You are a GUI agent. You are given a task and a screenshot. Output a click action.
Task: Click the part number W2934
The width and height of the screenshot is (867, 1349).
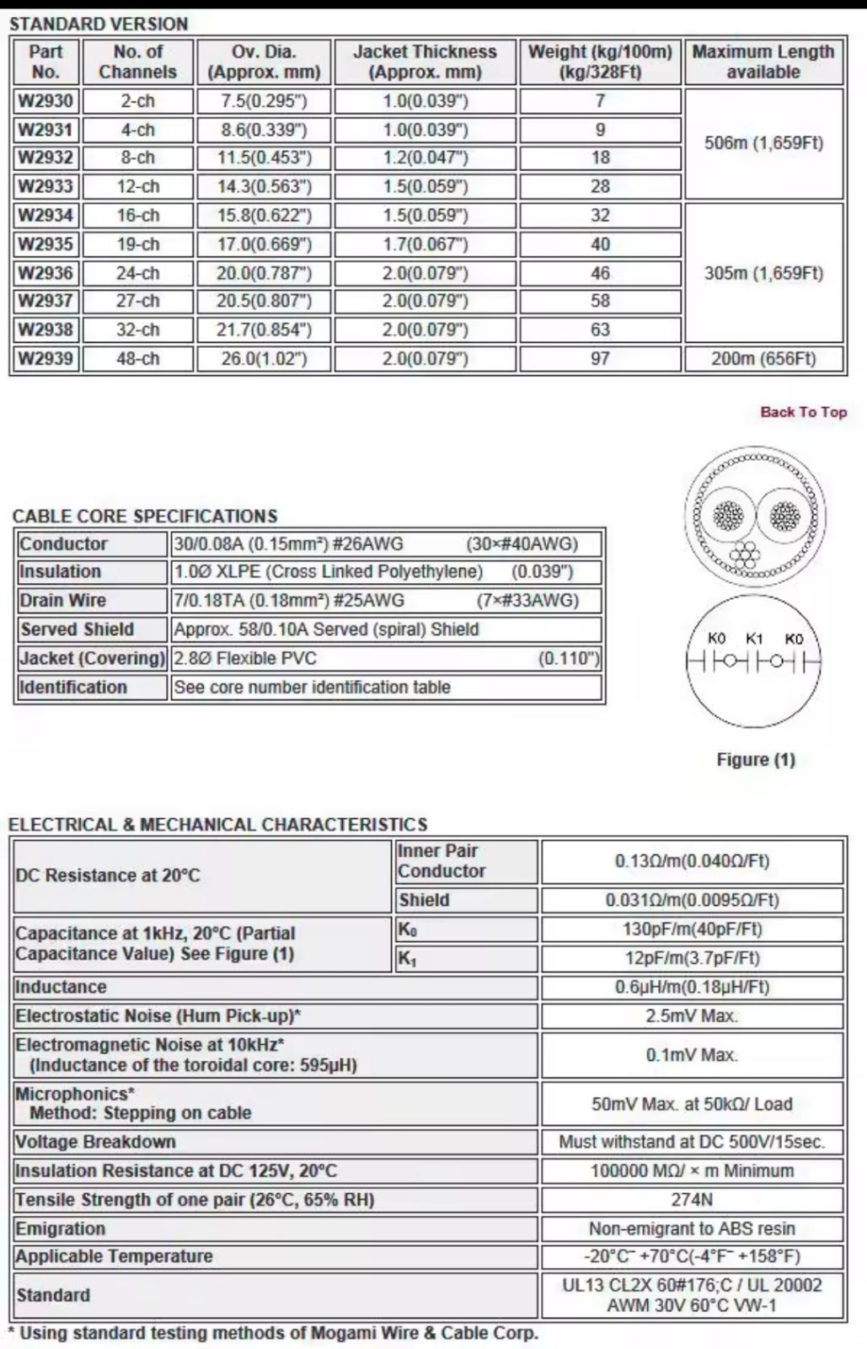[x=45, y=215]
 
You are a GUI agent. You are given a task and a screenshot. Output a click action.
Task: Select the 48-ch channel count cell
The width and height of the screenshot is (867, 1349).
[x=138, y=359]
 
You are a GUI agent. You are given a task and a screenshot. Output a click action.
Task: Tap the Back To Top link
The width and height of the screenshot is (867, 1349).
[x=803, y=412]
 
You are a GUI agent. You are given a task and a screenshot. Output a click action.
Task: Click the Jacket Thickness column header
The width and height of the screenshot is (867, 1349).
[x=425, y=62]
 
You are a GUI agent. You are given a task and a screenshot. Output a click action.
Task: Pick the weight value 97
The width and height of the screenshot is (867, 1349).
[x=600, y=359]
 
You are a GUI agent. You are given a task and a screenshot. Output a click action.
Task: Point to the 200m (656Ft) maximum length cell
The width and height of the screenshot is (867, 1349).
[x=763, y=359]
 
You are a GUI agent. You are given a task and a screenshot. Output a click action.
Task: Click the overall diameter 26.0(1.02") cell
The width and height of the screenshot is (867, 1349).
[x=264, y=359]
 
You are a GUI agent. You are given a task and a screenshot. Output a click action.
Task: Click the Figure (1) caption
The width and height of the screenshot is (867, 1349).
[x=755, y=759]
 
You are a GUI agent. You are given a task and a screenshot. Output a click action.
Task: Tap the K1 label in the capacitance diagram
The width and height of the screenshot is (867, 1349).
[x=754, y=639]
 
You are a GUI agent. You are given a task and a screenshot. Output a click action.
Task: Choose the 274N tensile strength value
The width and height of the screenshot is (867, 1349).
[x=692, y=1200]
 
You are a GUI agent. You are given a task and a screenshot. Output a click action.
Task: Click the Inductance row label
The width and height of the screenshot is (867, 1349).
[x=61, y=987]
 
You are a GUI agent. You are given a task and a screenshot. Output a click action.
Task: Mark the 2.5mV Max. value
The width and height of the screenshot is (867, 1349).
[x=692, y=1016]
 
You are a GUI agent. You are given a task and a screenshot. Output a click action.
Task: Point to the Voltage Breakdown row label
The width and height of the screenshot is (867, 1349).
[x=95, y=1142]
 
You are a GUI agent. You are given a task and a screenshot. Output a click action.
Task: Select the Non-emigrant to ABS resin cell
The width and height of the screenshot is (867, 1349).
[x=692, y=1229]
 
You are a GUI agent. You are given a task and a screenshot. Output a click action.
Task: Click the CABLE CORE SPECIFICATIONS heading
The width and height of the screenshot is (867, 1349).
[x=145, y=516]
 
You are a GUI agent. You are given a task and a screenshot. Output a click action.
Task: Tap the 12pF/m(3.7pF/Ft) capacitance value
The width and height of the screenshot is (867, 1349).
[x=692, y=958]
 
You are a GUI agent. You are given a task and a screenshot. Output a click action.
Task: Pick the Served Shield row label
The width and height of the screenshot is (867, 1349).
[x=77, y=629]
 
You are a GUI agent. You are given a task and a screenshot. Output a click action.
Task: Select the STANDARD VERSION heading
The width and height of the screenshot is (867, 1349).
[x=99, y=24]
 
